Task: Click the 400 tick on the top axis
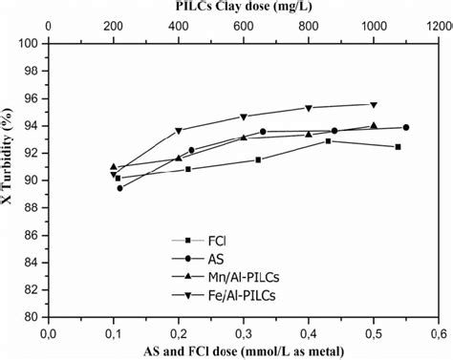coord(178,27)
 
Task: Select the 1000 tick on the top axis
coord(373,27)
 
